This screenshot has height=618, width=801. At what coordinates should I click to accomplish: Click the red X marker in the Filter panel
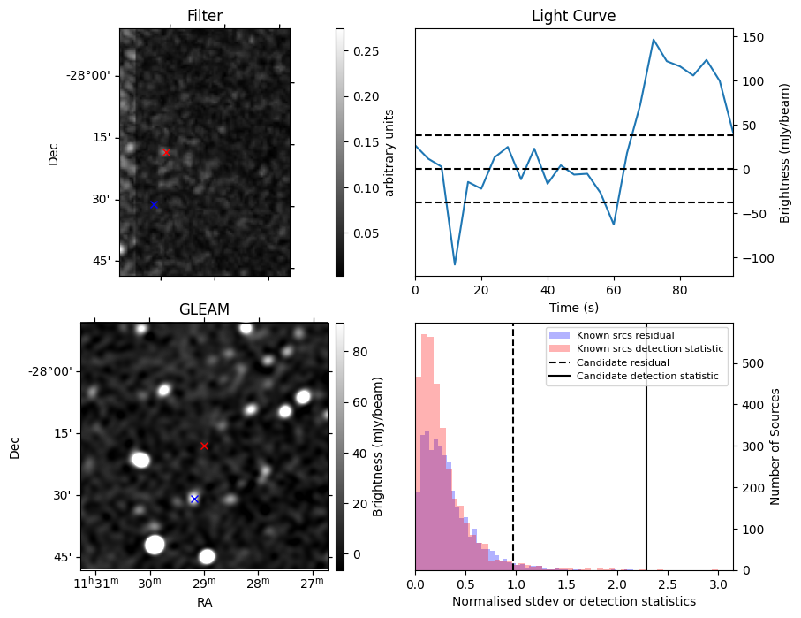coord(165,152)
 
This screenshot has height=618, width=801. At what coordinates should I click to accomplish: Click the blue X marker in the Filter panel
coord(154,204)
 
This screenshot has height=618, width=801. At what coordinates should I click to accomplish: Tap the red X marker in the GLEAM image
coord(204,446)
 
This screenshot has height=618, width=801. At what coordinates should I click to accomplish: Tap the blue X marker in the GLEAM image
coord(194,499)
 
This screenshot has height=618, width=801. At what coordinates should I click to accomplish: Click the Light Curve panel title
coord(573,16)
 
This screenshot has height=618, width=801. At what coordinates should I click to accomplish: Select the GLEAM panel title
coord(204,309)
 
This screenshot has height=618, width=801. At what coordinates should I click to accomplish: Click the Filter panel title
coord(205,16)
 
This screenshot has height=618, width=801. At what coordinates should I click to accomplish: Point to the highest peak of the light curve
coord(654,40)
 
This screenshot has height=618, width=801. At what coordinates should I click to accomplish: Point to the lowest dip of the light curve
coord(455,264)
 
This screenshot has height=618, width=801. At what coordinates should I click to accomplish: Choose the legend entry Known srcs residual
coord(624,335)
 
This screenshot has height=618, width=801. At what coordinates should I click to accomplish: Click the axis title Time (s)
coord(573,307)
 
